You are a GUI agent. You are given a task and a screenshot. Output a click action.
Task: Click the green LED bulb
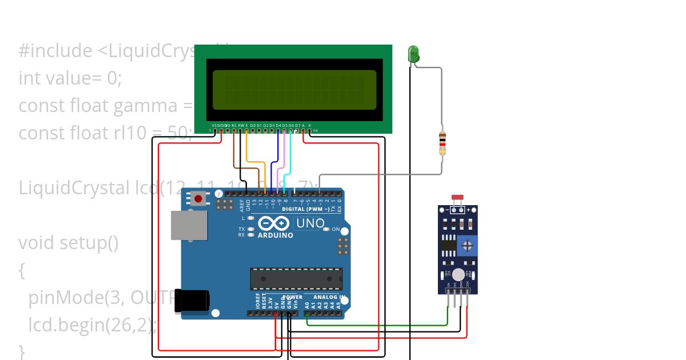pyautogui.click(x=413, y=54)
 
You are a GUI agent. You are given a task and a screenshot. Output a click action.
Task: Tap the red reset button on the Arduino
pyautogui.click(x=198, y=199)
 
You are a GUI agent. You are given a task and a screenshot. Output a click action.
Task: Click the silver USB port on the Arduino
pyautogui.click(x=188, y=226)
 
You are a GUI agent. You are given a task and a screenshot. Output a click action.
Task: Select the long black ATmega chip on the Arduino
pyautogui.click(x=296, y=278)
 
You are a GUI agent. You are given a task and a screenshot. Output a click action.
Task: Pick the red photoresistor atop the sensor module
pyautogui.click(x=457, y=198)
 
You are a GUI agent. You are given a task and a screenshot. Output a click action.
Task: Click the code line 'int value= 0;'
pyautogui.click(x=70, y=78)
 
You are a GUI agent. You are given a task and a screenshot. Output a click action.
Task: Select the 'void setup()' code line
pyautogui.click(x=69, y=243)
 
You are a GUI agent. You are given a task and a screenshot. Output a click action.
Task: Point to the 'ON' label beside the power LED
pyautogui.click(x=336, y=230)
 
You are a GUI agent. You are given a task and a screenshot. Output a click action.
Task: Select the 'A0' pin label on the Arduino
pyautogui.click(x=307, y=306)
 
